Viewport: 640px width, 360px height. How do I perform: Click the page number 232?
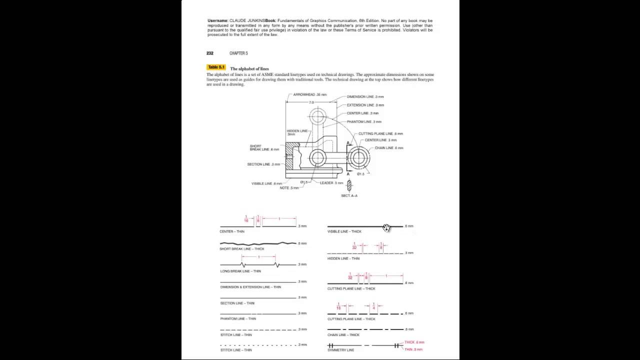tap(210, 53)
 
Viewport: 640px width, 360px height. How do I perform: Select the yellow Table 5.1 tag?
tap(216, 67)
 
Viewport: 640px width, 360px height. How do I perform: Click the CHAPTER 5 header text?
tap(238, 53)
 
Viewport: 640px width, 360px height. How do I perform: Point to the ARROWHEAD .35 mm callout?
tap(310, 94)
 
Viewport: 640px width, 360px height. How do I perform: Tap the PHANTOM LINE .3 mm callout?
tap(364, 121)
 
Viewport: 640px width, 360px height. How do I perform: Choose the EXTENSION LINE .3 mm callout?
tap(365, 105)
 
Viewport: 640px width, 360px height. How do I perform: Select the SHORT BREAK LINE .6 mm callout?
tap(264, 148)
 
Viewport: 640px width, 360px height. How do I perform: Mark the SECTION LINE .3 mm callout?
tap(263, 164)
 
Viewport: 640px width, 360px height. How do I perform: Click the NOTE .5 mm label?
tap(289, 188)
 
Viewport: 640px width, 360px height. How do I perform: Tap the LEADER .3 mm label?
tap(331, 183)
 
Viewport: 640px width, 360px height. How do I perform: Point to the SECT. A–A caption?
tap(349, 195)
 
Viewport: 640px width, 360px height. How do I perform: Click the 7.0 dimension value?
tap(311, 102)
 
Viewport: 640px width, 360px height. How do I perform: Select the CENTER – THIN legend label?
tap(232, 231)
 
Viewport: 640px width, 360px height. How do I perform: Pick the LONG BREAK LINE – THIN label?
tap(240, 271)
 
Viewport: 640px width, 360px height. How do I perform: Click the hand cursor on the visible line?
tap(386, 228)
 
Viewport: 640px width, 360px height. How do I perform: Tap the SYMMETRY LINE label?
tap(340, 350)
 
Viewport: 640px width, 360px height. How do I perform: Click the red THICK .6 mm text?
tap(414, 342)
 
